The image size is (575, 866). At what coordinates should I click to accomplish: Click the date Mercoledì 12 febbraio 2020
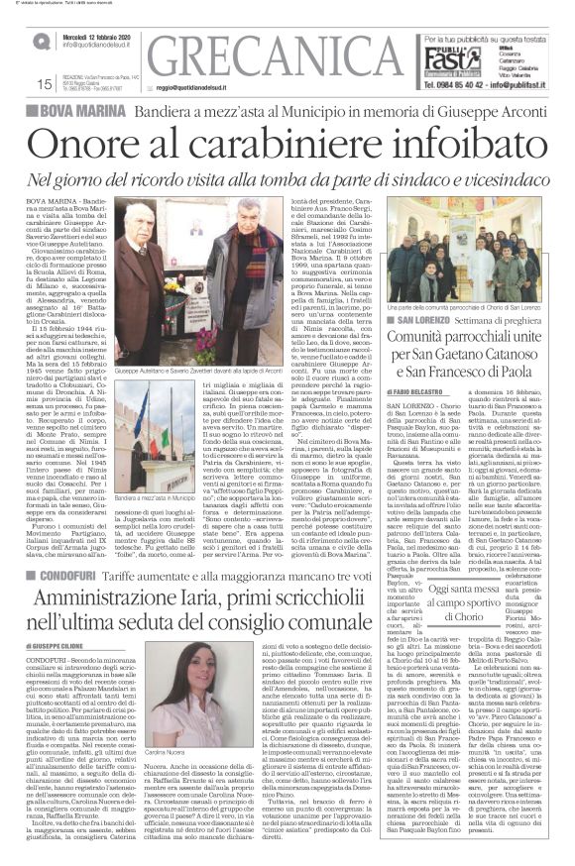[x=99, y=33]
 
